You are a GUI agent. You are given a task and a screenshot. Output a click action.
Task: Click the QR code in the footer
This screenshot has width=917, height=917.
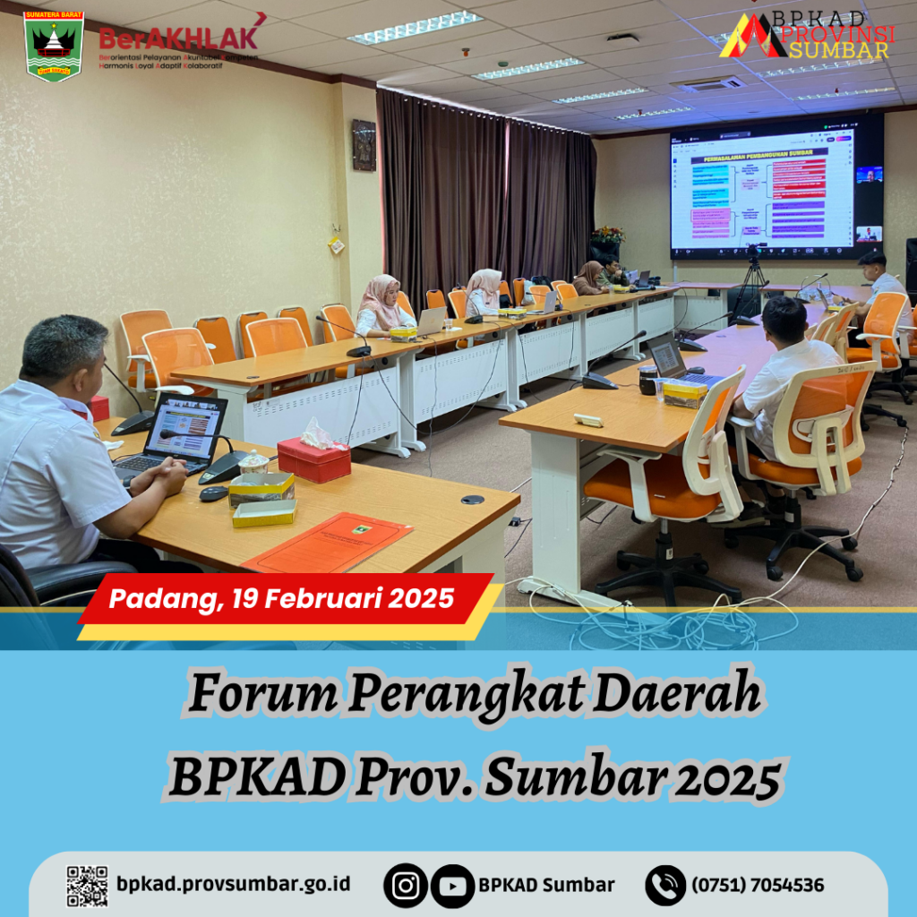click(x=87, y=886)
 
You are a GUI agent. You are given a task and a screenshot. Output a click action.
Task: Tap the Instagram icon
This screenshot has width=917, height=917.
click(x=406, y=886)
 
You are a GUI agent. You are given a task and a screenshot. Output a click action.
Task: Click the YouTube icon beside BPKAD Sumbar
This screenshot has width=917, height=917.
click(x=451, y=886)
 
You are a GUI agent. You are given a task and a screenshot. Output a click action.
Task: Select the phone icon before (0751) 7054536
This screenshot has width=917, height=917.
click(x=665, y=886)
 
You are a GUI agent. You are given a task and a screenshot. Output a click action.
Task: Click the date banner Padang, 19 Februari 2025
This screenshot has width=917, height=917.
click(x=282, y=598)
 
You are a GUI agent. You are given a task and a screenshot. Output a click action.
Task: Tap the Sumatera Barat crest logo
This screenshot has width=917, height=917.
click(x=54, y=46)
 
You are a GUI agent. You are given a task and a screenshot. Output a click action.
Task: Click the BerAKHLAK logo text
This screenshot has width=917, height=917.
click(x=179, y=38)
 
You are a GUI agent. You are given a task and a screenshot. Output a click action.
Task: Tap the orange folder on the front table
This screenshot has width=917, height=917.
click(x=329, y=542)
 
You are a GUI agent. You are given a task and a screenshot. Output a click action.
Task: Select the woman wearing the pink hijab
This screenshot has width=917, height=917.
click(x=381, y=304)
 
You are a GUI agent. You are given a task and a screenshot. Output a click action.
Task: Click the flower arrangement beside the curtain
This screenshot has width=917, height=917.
click(x=607, y=236)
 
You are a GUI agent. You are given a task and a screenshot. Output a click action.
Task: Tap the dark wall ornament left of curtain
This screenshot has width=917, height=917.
click(x=364, y=145)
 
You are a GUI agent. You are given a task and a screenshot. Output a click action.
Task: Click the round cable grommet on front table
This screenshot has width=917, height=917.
click(x=473, y=500)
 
